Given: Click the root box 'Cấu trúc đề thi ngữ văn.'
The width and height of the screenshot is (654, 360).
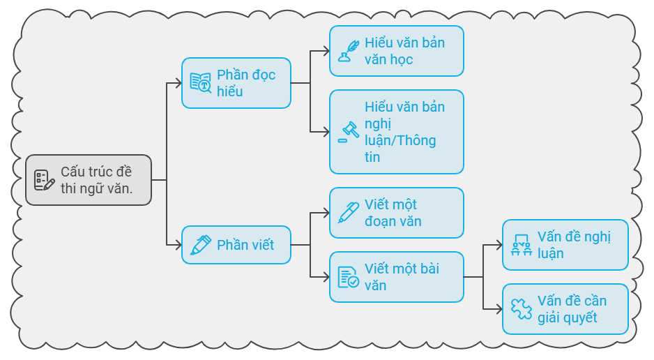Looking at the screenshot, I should pyautogui.click(x=89, y=180).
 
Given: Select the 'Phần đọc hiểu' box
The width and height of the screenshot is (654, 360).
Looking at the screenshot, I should pyautogui.click(x=236, y=83).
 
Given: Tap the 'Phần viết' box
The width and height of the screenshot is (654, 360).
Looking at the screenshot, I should pyautogui.click(x=236, y=245).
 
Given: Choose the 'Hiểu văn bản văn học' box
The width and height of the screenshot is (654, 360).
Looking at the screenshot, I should pyautogui.click(x=397, y=51).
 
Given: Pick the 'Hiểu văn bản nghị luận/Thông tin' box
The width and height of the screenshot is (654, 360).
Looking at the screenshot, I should pyautogui.click(x=397, y=132).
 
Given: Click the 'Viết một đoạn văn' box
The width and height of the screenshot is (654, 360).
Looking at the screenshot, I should pyautogui.click(x=397, y=213).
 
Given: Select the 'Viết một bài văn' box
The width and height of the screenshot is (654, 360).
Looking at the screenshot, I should pyautogui.click(x=397, y=277).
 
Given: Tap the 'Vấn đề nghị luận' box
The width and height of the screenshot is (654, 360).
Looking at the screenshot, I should pyautogui.click(x=565, y=245).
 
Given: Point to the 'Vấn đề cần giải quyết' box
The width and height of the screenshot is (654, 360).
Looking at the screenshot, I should pyautogui.click(x=565, y=309).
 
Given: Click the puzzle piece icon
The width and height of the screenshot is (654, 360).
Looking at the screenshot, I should pyautogui.click(x=522, y=309).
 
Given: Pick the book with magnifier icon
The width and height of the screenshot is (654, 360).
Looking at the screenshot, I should pyautogui.click(x=201, y=83).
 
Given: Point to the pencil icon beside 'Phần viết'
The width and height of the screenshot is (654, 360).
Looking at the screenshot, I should pyautogui.click(x=201, y=245).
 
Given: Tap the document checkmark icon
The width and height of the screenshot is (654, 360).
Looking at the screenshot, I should pyautogui.click(x=349, y=277).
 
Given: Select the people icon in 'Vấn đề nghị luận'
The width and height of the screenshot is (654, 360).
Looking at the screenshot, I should pyautogui.click(x=522, y=245).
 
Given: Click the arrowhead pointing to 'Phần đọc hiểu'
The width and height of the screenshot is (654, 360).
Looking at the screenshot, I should pyautogui.click(x=178, y=83).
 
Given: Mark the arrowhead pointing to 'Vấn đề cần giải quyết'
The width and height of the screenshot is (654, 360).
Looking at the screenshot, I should pyautogui.click(x=499, y=309).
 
